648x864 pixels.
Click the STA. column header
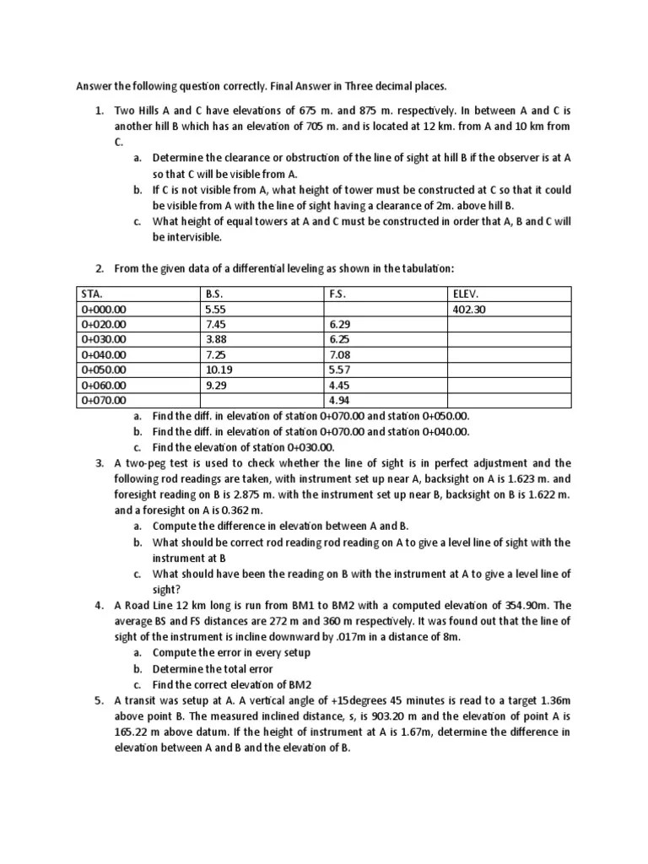pos(92,294)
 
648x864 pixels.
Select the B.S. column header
pos(215,294)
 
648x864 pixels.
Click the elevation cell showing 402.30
pos(469,310)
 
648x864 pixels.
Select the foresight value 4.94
pos(339,401)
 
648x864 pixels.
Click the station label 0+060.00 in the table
pos(104,386)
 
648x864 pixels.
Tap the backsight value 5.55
pos(215,310)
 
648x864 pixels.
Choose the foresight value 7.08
pos(339,355)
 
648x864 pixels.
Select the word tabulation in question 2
pos(426,268)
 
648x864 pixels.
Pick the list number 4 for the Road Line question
pos(99,605)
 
